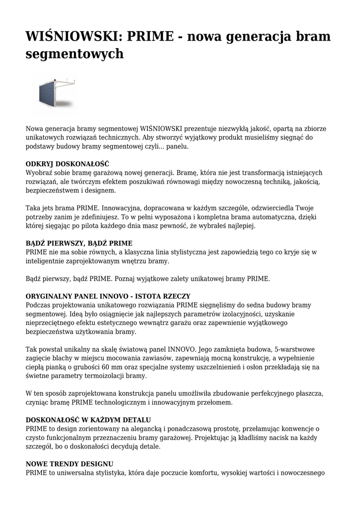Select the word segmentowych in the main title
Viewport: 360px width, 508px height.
(x=74, y=54)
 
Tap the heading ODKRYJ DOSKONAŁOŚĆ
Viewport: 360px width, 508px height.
(x=68, y=164)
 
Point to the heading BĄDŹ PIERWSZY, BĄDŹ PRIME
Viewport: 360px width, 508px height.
(x=79, y=243)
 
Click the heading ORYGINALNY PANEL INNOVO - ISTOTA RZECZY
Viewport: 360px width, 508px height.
(x=108, y=296)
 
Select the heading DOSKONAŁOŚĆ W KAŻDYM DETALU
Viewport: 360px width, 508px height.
(x=88, y=420)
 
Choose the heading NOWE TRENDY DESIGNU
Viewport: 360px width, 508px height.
(x=70, y=464)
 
